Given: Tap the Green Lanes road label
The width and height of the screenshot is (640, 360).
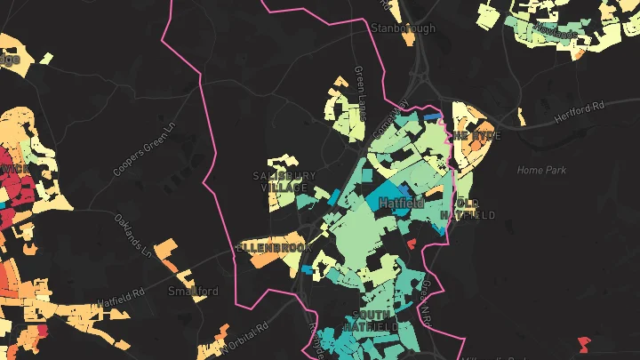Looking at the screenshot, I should pyautogui.click(x=361, y=88).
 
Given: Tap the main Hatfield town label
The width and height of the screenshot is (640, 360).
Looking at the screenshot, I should pyautogui.click(x=401, y=204).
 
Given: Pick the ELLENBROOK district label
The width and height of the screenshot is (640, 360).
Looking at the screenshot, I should pyautogui.click(x=271, y=245).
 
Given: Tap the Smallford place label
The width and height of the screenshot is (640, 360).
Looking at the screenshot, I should pyautogui.click(x=194, y=291).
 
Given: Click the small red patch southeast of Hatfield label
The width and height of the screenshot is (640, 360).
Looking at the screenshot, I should pyautogui.click(x=411, y=242).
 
